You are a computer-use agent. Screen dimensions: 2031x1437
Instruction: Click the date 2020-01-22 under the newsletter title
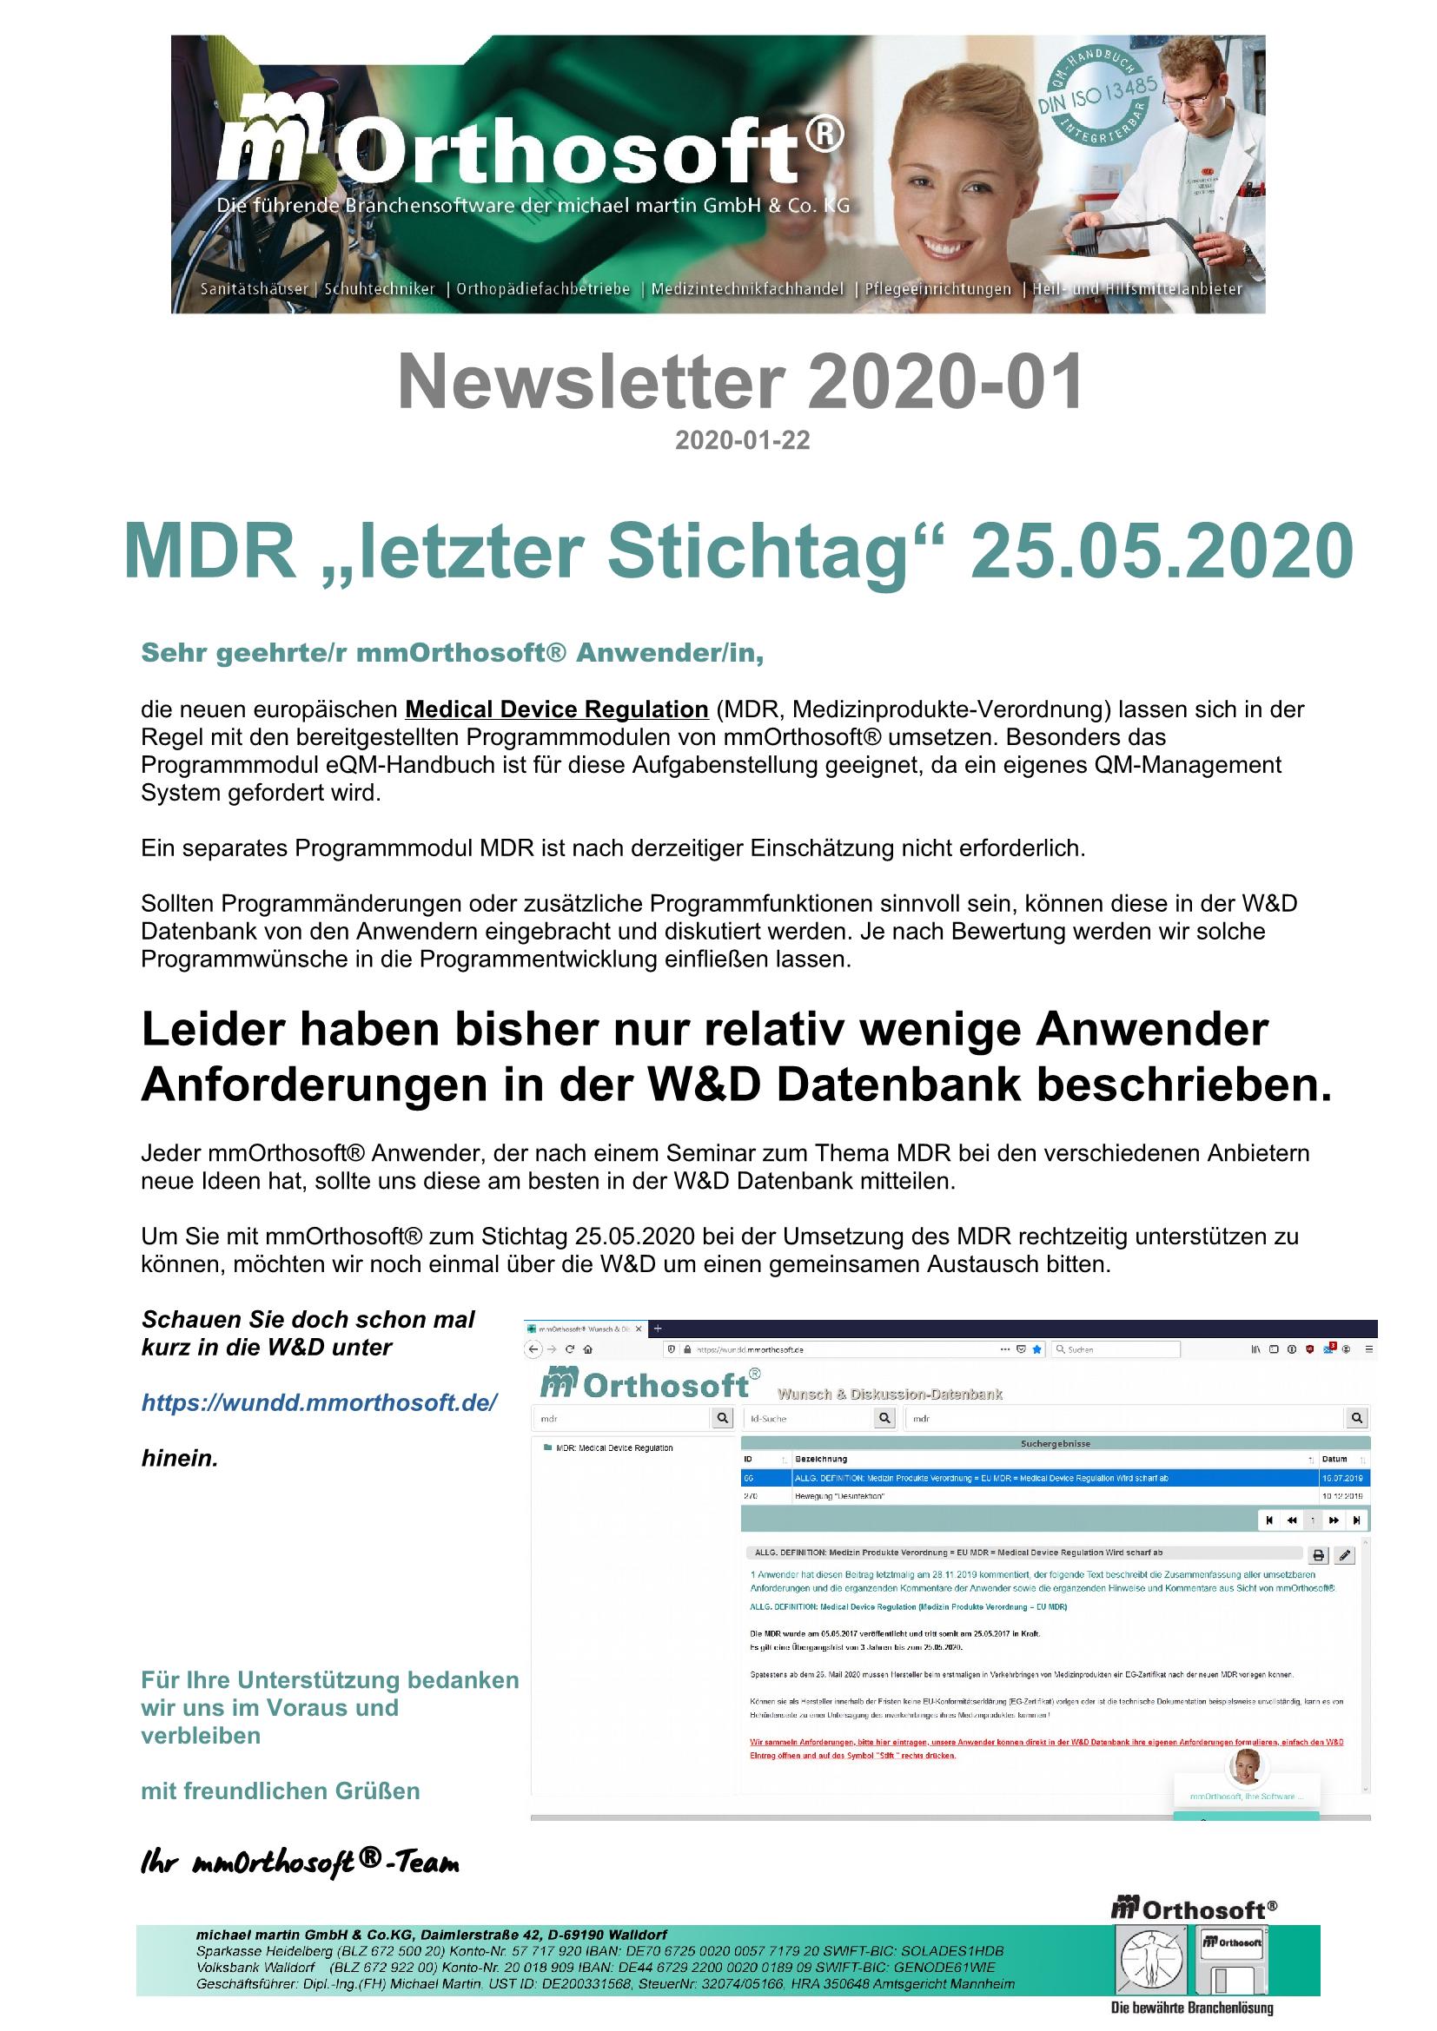(742, 440)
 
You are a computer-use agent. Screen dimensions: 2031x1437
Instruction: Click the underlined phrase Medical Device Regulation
(557, 709)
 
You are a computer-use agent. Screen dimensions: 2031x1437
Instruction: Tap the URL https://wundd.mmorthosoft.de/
(320, 1402)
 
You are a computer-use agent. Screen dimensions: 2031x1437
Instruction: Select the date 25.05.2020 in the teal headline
(1162, 551)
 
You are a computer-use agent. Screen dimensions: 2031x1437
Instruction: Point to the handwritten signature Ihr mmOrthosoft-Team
(300, 1863)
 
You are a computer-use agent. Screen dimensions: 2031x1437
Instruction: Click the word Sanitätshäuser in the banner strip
(254, 289)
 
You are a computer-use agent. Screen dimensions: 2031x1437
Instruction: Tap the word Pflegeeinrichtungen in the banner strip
(938, 289)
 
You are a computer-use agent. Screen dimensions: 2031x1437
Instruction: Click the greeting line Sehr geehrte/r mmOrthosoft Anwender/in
(452, 653)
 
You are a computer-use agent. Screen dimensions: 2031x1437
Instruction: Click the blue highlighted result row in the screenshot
(1053, 1478)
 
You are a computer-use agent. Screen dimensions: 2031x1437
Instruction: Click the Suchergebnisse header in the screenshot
(1055, 1444)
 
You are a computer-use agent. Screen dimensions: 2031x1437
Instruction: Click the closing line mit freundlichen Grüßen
(281, 1791)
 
